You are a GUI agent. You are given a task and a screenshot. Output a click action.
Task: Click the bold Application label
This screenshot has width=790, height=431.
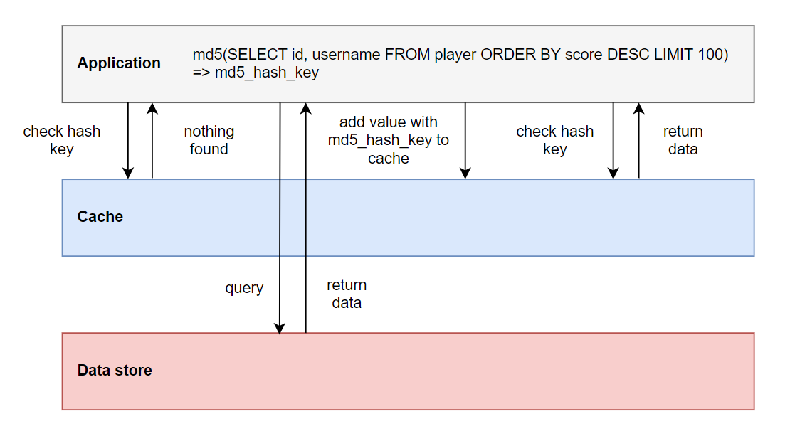coord(119,63)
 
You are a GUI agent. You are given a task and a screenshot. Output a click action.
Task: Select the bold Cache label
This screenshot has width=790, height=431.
coord(100,217)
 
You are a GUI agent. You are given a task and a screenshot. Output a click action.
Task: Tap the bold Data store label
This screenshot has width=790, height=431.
coord(114,371)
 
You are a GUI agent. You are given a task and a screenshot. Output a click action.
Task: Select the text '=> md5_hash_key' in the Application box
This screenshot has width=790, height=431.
coord(256,73)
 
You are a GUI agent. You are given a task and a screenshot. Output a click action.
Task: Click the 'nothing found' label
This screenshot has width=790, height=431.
coord(209,140)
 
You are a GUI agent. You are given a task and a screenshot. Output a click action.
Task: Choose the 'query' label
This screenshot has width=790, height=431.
coord(244,288)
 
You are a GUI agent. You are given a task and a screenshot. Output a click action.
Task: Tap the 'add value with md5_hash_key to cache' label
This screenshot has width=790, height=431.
coord(389,141)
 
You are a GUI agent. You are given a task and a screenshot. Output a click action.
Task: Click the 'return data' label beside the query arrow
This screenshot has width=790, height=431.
coord(347,294)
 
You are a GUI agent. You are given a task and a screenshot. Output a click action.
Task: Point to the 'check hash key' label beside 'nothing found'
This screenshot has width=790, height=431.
coord(62,140)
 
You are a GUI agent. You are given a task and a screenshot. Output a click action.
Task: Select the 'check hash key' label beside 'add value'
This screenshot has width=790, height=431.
coord(554,140)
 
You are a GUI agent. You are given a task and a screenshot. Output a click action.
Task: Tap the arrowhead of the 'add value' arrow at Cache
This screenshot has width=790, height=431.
coord(465,174)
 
